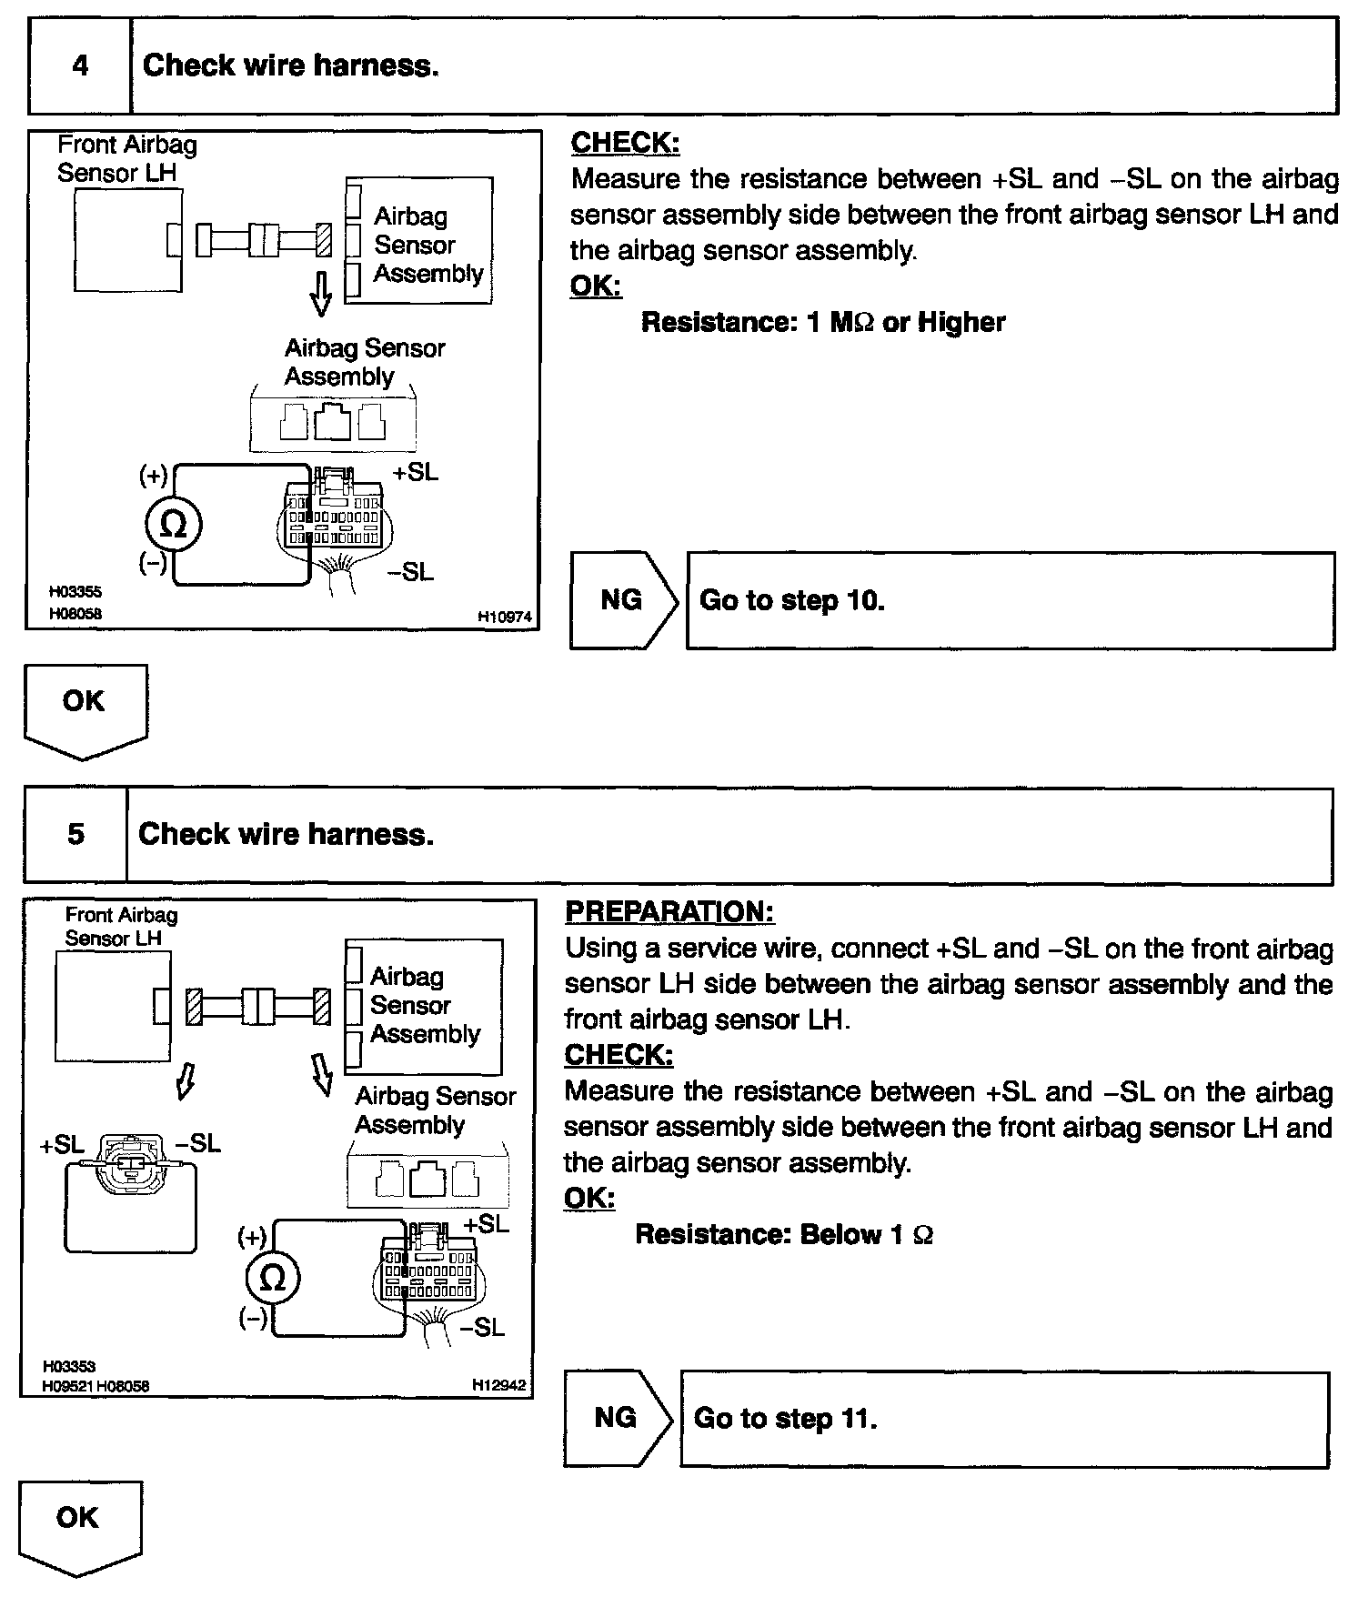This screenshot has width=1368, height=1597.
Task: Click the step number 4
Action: pos(80,66)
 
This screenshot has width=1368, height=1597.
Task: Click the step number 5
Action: pos(75,835)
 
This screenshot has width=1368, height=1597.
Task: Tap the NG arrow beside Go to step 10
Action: pos(623,600)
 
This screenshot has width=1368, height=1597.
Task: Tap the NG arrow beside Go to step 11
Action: pos(617,1418)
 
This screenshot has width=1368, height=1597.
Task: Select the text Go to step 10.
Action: pos(791,601)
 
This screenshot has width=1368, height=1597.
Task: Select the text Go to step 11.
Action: pos(785,1419)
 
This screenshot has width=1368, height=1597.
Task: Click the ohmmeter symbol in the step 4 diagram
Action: pos(173,525)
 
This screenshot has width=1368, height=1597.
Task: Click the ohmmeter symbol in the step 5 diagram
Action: pos(272,1279)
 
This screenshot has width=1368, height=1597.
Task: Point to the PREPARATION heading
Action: pos(669,912)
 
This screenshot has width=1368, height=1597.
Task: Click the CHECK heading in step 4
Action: pos(625,143)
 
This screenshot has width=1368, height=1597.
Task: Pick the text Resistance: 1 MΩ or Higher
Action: pos(823,323)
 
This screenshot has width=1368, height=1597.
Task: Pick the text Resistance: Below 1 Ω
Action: pos(783,1234)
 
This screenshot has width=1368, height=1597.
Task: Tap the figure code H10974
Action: pos(504,618)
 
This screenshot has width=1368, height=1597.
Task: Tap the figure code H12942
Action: pos(498,1385)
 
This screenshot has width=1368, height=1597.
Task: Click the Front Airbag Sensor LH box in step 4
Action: pos(127,240)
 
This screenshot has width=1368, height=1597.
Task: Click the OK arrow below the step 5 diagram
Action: pos(80,1524)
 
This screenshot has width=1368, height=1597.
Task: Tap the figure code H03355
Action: pos(75,592)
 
